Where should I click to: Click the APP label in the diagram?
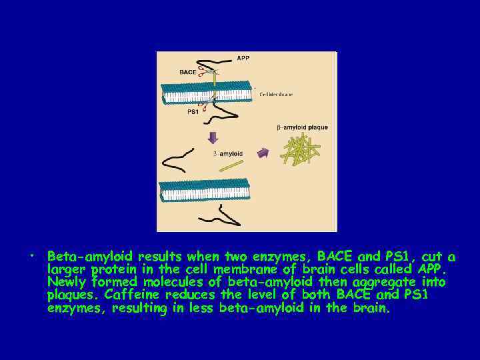244,58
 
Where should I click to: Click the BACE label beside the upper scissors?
188,71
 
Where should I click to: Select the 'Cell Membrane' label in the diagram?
275,95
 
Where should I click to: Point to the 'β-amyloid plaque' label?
302,127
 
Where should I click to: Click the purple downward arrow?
213,138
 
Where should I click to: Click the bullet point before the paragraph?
31,257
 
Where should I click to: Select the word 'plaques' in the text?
70,295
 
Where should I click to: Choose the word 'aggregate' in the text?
369,282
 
